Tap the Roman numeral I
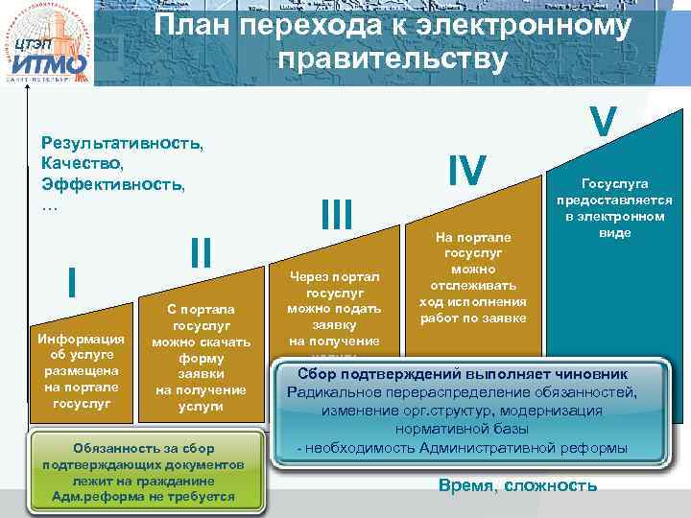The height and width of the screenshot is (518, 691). pos(73,282)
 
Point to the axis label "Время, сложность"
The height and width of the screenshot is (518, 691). pos(517,485)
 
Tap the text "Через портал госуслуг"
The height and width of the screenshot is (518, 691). pos(335,285)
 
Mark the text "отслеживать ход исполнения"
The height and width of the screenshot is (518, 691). pos(472,294)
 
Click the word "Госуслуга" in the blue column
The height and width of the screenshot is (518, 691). pos(610,183)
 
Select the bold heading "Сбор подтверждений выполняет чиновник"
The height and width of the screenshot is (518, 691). pos(464,373)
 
